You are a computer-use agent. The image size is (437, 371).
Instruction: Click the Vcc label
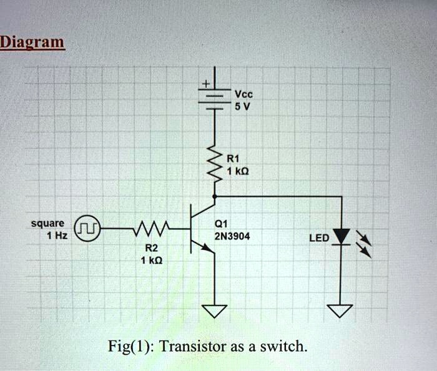click(243, 94)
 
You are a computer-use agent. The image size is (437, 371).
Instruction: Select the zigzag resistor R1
click(215, 166)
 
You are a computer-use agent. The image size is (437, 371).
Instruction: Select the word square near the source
click(47, 223)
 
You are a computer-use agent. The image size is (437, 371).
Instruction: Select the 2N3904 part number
click(232, 236)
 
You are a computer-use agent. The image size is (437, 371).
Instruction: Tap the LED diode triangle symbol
click(341, 238)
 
